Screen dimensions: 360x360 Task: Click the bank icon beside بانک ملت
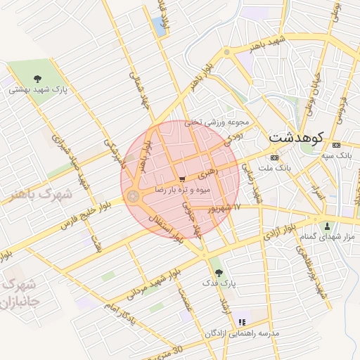274,157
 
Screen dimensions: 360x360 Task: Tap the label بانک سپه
335,155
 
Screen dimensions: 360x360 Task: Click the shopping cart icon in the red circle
182,179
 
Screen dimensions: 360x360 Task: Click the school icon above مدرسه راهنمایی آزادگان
243,321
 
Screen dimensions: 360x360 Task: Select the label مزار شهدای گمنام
328,238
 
